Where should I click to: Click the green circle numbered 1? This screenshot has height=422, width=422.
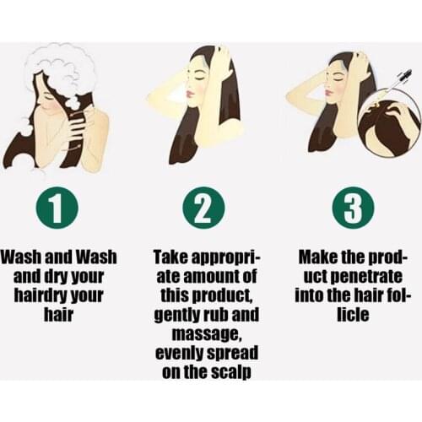coord(57,208)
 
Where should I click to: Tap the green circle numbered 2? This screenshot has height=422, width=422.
coord(204,208)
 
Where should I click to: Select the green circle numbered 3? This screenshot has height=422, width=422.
coord(353,208)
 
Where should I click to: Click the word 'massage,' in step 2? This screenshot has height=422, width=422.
coord(207,335)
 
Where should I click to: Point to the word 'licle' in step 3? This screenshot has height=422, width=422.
coord(353,314)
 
